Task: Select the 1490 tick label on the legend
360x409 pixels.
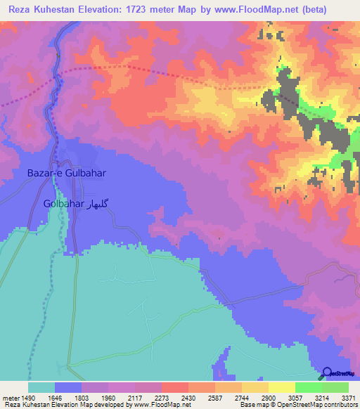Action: (x=27, y=397)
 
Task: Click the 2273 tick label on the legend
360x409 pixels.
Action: (x=161, y=397)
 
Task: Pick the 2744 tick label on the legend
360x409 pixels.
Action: (x=241, y=397)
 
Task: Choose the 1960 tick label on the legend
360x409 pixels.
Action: (x=108, y=397)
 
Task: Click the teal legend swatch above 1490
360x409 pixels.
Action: (x=41, y=387)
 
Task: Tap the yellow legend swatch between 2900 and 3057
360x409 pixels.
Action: (x=281, y=387)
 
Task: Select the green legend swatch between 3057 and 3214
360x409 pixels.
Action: (x=308, y=387)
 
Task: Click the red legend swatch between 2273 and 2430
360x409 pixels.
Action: (x=174, y=387)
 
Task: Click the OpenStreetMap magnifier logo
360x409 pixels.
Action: (x=327, y=373)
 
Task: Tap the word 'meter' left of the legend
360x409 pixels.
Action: (x=11, y=397)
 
